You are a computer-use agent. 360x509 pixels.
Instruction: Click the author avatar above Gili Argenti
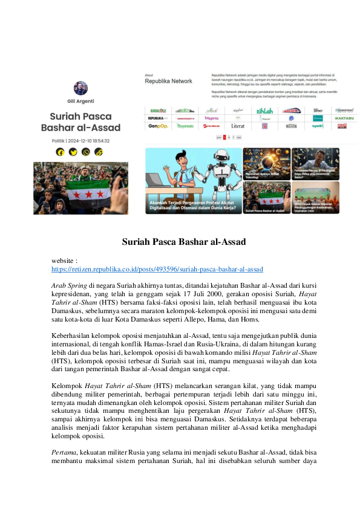[80, 88]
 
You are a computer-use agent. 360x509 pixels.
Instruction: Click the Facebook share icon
[60, 152]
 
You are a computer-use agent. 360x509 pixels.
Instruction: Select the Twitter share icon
[73, 152]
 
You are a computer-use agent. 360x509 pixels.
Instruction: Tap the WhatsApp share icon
[87, 152]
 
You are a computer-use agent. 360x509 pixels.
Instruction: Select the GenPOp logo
[157, 126]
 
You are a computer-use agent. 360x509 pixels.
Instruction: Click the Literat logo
[238, 126]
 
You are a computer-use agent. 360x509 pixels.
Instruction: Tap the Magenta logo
[212, 118]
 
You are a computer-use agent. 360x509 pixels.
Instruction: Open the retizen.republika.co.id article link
[157, 268]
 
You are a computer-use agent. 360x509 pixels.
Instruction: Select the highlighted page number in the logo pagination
[225, 137]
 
